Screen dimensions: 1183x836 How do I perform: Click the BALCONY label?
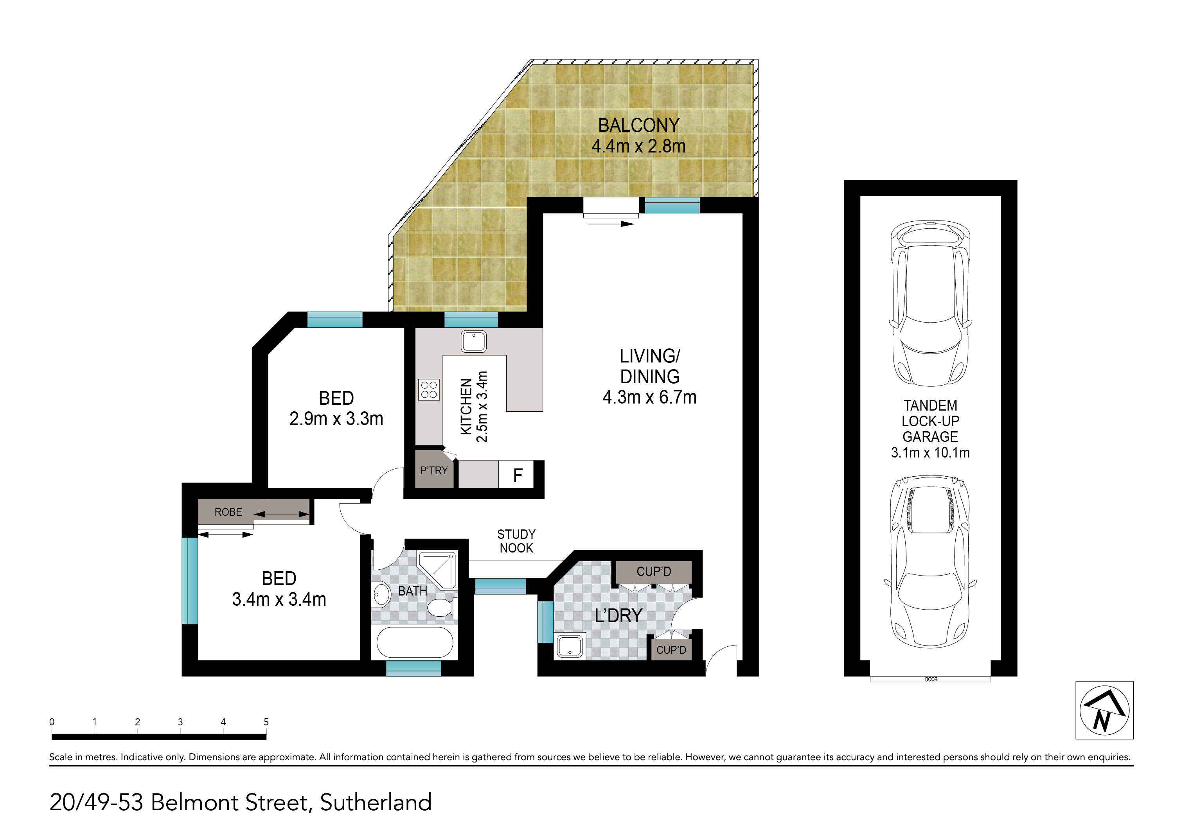[x=638, y=125]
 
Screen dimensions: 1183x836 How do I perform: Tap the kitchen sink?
[x=473, y=341]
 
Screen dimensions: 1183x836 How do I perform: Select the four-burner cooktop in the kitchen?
[x=429, y=390]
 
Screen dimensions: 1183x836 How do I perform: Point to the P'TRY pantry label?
[x=434, y=470]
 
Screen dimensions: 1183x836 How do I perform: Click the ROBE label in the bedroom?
[x=228, y=512]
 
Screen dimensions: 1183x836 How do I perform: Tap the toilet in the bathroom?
[x=440, y=608]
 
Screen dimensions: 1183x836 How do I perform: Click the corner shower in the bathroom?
[x=437, y=570]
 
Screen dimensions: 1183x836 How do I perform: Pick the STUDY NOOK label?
[x=516, y=541]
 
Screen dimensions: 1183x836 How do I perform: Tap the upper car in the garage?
[x=931, y=303]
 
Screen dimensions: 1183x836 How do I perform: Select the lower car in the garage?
[x=931, y=562]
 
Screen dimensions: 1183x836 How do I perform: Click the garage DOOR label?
[x=931, y=680]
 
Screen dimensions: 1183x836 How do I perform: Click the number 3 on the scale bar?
[x=180, y=722]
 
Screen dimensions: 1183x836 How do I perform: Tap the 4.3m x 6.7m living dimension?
[x=650, y=397]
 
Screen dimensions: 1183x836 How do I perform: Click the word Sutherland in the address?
[x=376, y=802]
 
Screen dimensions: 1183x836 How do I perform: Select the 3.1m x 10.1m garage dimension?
[x=931, y=453]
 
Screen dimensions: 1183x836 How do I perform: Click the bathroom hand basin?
[x=381, y=596]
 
